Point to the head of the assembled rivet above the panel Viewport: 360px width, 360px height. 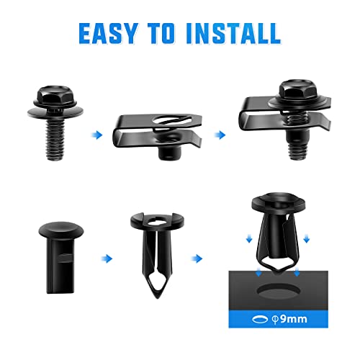(x=278, y=208)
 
